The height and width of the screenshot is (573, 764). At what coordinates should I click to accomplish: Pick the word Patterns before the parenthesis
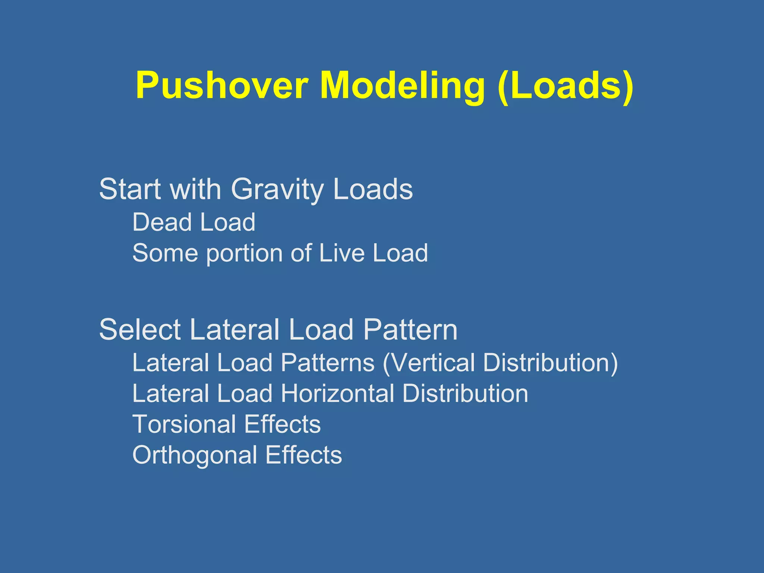point(328,362)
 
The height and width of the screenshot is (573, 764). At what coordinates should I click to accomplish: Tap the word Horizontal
point(337,394)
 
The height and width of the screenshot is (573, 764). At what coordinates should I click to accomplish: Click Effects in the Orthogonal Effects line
point(304,455)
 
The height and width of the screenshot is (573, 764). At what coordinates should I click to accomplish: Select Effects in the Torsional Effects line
point(282,424)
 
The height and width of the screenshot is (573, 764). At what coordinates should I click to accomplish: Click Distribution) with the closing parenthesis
point(550,362)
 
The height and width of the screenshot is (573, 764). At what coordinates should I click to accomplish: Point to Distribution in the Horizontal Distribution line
point(465,394)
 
